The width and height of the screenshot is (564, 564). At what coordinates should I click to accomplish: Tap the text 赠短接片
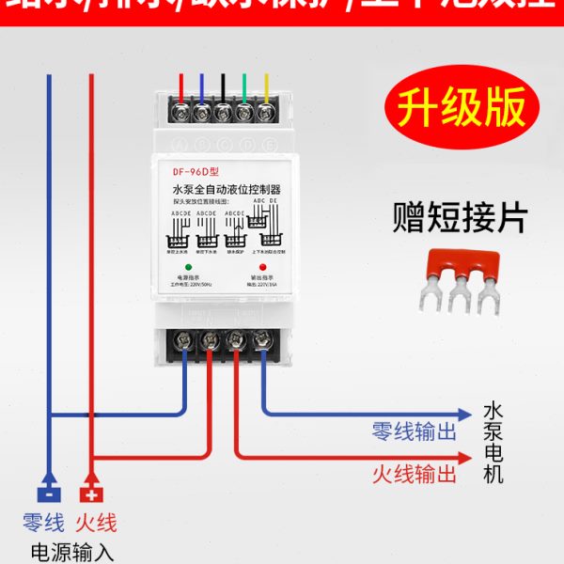coord(460,218)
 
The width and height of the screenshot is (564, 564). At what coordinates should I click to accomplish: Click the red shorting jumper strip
coord(462,279)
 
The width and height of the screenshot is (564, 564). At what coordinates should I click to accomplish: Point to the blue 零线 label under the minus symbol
coord(43,523)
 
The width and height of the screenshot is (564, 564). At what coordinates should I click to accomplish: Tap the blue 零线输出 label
coord(415,432)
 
